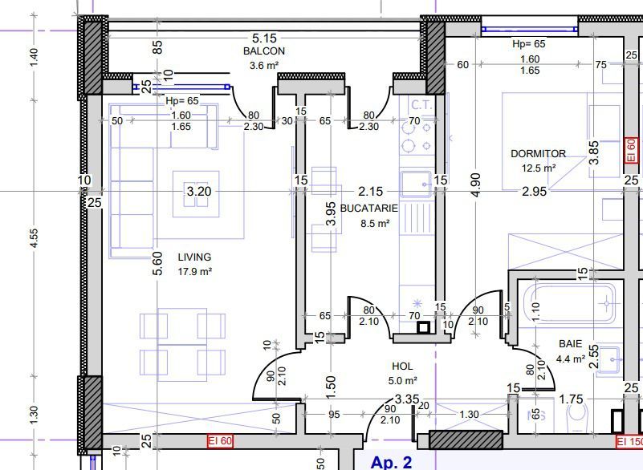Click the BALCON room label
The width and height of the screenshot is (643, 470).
[x=263, y=51]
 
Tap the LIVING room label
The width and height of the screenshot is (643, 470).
[x=194, y=257]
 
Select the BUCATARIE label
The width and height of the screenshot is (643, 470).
[x=369, y=209]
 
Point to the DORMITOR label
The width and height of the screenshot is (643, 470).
[x=538, y=154]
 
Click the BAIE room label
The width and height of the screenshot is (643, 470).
[x=570, y=344]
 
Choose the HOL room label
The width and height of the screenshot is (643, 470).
[x=402, y=366]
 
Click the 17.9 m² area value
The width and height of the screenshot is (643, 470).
[x=195, y=271]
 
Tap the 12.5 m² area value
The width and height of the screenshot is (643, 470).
[x=539, y=168]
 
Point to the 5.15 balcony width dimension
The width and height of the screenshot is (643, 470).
[x=264, y=38]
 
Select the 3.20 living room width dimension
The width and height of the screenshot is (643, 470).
[x=199, y=191]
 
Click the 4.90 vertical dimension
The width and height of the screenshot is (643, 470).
[x=476, y=184]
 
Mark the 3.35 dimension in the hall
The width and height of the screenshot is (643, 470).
[x=407, y=399]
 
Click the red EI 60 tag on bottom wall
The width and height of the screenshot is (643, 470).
[x=221, y=441]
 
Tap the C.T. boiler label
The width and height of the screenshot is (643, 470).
[x=422, y=105]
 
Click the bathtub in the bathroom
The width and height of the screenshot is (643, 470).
[x=570, y=303]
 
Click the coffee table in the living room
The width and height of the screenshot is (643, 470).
[x=196, y=193]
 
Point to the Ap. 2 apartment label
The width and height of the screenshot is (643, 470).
[x=391, y=462]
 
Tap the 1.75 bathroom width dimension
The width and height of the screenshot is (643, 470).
[x=572, y=399]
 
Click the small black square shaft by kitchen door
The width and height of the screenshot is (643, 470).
[x=424, y=328]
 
